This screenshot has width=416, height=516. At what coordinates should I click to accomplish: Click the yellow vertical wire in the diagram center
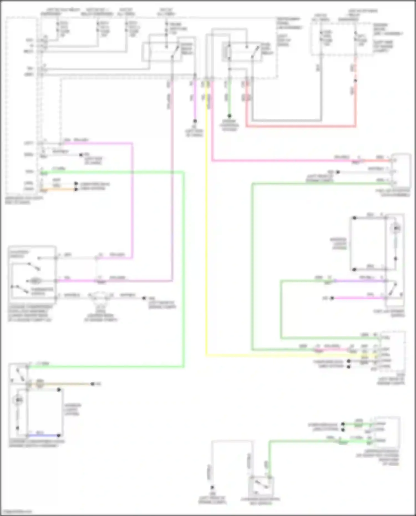pos(207,222)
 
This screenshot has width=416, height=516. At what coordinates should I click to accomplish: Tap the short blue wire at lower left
pos(43,435)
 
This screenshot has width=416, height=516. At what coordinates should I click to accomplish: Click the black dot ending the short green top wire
pos(229,116)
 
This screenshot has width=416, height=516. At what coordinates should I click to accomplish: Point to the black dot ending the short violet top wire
pos(195,121)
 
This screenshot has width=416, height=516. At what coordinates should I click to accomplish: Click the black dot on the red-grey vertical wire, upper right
pos(355,81)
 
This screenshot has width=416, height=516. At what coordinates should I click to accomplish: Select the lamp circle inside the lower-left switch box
pos(18,400)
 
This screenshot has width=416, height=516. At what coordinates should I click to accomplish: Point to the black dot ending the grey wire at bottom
pos(212,487)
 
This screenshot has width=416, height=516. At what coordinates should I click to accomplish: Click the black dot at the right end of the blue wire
pos(59,435)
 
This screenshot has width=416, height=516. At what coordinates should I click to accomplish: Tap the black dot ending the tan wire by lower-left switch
pos(92,384)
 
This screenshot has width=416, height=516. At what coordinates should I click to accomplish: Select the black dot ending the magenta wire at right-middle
pos(332,298)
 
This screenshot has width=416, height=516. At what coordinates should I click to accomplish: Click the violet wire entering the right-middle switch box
pos(361,281)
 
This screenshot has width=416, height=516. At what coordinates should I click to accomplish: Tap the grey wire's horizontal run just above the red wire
pos(286,121)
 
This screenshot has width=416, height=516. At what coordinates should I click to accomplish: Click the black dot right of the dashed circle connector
pos(144,298)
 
